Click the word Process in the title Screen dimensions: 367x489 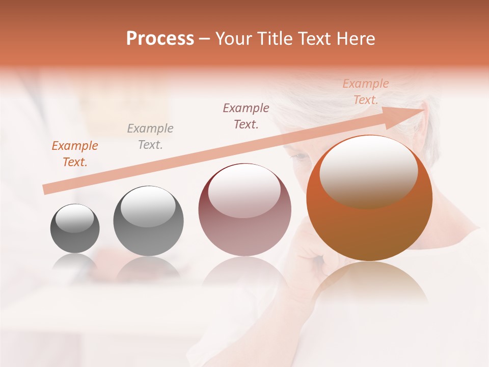point(160,39)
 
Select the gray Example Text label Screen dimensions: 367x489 point(150,137)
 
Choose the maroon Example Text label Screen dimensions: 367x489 point(246,116)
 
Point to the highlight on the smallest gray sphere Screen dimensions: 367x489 point(74,218)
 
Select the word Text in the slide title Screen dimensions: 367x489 point(309,39)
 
